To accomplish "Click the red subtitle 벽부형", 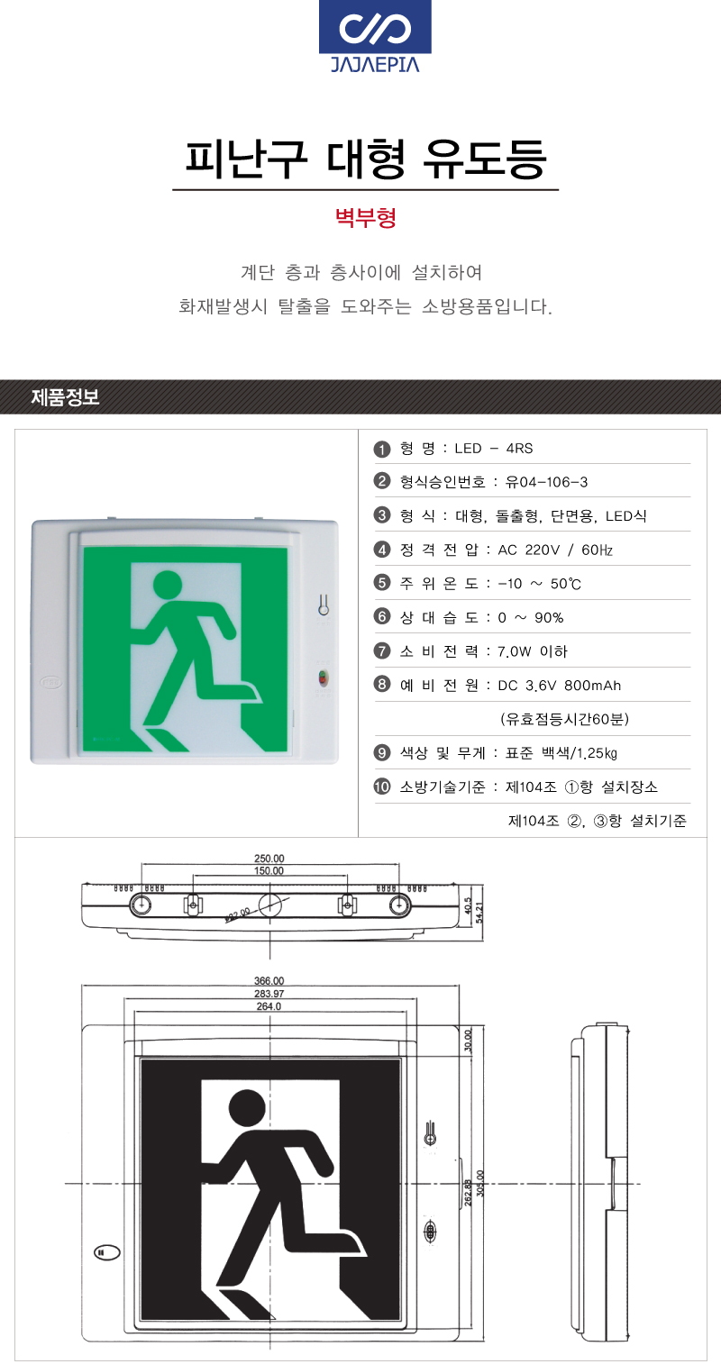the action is click(366, 217).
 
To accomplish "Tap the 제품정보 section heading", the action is click(65, 397).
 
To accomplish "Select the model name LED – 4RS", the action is click(494, 449).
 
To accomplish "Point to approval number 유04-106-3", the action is click(547, 482).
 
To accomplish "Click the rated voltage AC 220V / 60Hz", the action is click(555, 550).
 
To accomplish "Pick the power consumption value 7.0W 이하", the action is click(533, 651).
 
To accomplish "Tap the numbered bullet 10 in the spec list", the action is click(382, 787).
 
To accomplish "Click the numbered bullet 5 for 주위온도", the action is click(382, 583).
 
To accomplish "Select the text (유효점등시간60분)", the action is click(564, 719).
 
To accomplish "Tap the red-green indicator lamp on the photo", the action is click(324, 677).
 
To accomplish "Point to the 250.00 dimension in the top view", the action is click(269, 859).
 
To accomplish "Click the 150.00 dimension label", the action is click(269, 871).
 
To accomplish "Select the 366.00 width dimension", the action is click(269, 981).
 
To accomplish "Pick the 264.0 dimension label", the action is click(269, 1006).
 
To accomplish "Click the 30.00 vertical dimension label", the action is click(468, 1041).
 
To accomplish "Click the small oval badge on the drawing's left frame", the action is click(107, 1252).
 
